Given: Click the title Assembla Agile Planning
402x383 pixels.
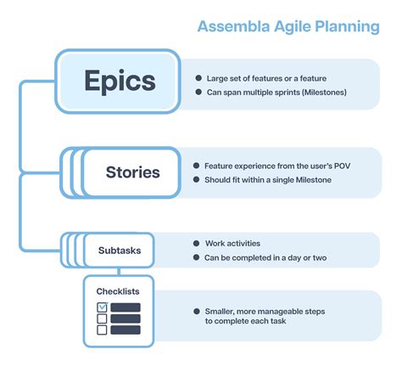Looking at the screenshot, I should pos(288,26).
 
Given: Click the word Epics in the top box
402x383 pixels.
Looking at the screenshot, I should pos(120,81).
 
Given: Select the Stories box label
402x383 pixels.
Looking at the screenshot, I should pos(132,172).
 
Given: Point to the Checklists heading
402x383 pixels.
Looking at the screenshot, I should pos(118,291).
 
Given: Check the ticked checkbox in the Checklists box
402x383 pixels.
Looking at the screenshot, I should pos(102,307).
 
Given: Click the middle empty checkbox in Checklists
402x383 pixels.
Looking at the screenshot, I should pos(102,319).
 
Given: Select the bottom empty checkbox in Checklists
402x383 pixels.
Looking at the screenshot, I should pos(102,330).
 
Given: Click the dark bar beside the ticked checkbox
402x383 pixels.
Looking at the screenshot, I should pos(126,307).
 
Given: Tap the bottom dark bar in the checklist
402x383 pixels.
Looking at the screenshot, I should pos(126,330).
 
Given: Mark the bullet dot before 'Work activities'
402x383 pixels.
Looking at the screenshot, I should pos(197,243).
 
